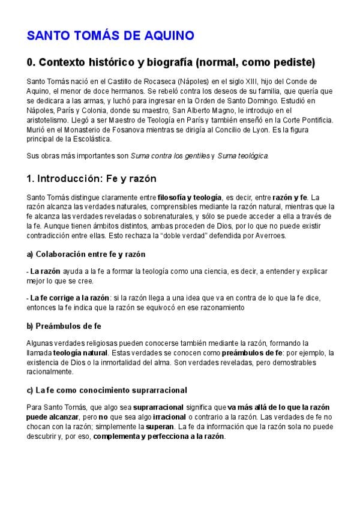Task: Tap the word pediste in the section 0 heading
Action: pos(295,62)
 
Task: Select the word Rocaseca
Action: pos(139,81)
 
